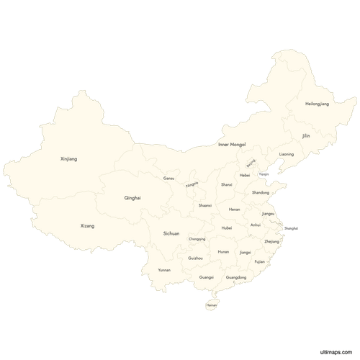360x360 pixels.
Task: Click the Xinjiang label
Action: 68,158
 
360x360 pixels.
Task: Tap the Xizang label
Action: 87,226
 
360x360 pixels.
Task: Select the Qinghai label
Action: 132,197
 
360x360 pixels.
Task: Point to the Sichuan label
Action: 171,233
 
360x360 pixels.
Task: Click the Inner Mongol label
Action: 232,145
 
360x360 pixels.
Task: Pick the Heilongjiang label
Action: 317,104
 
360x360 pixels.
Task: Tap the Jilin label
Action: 307,135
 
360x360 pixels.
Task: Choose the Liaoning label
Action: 287,154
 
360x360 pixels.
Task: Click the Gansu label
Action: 169,178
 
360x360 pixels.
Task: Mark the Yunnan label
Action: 165,270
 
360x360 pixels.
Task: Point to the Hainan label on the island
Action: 211,305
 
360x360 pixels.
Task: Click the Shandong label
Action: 261,193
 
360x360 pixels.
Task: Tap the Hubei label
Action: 227,228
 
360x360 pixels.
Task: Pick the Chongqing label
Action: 197,239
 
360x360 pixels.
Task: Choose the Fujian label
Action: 260,262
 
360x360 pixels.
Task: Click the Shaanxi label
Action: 205,206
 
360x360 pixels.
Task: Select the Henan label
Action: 235,210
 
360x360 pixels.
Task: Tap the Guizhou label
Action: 194,258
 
